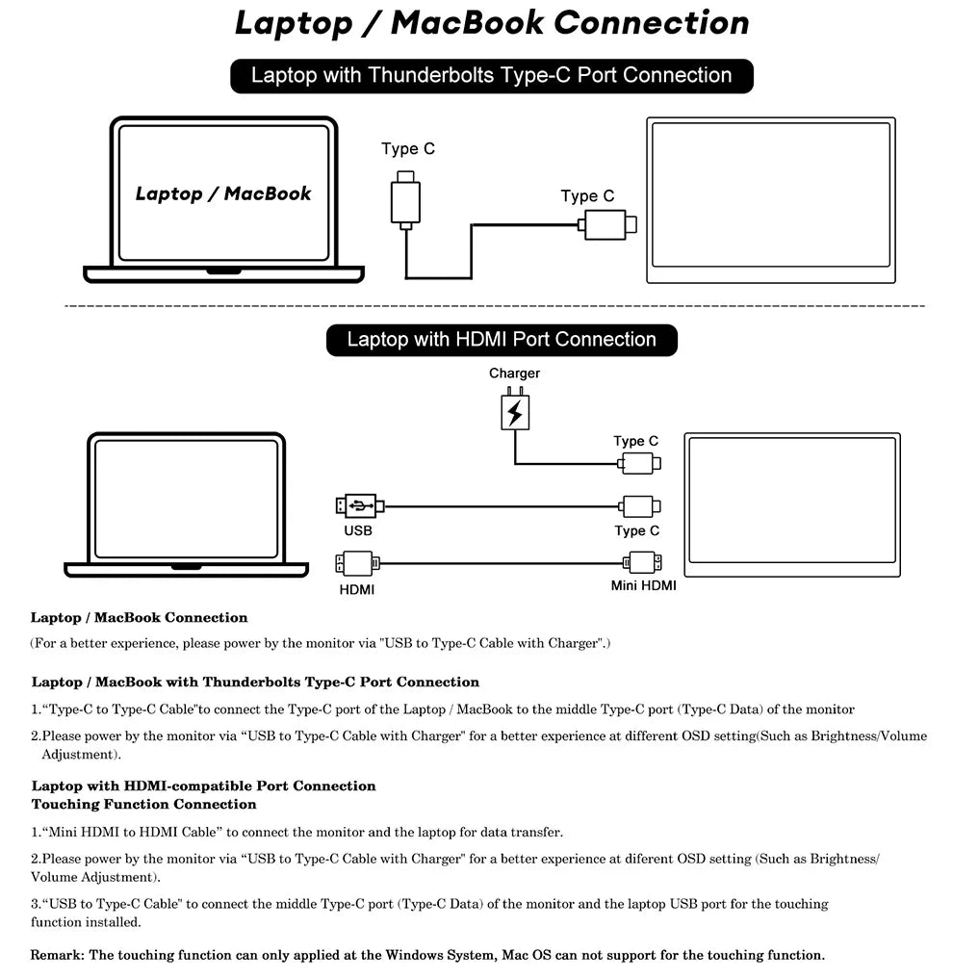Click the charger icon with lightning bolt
click(515, 411)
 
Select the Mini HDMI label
click(643, 585)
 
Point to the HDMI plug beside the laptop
click(356, 562)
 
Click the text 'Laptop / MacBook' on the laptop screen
click(223, 193)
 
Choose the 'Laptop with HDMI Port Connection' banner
click(502, 340)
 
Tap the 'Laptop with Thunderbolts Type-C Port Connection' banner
click(491, 76)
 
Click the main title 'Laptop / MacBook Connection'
click(491, 23)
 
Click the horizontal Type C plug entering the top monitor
click(606, 225)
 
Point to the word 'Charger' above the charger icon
click(514, 374)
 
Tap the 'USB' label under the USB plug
click(357, 530)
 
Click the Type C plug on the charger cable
click(639, 464)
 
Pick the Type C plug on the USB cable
click(639, 505)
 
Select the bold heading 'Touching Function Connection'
click(144, 804)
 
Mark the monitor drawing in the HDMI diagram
click(792, 504)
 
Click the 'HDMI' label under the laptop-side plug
click(357, 588)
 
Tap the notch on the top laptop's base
click(223, 271)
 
